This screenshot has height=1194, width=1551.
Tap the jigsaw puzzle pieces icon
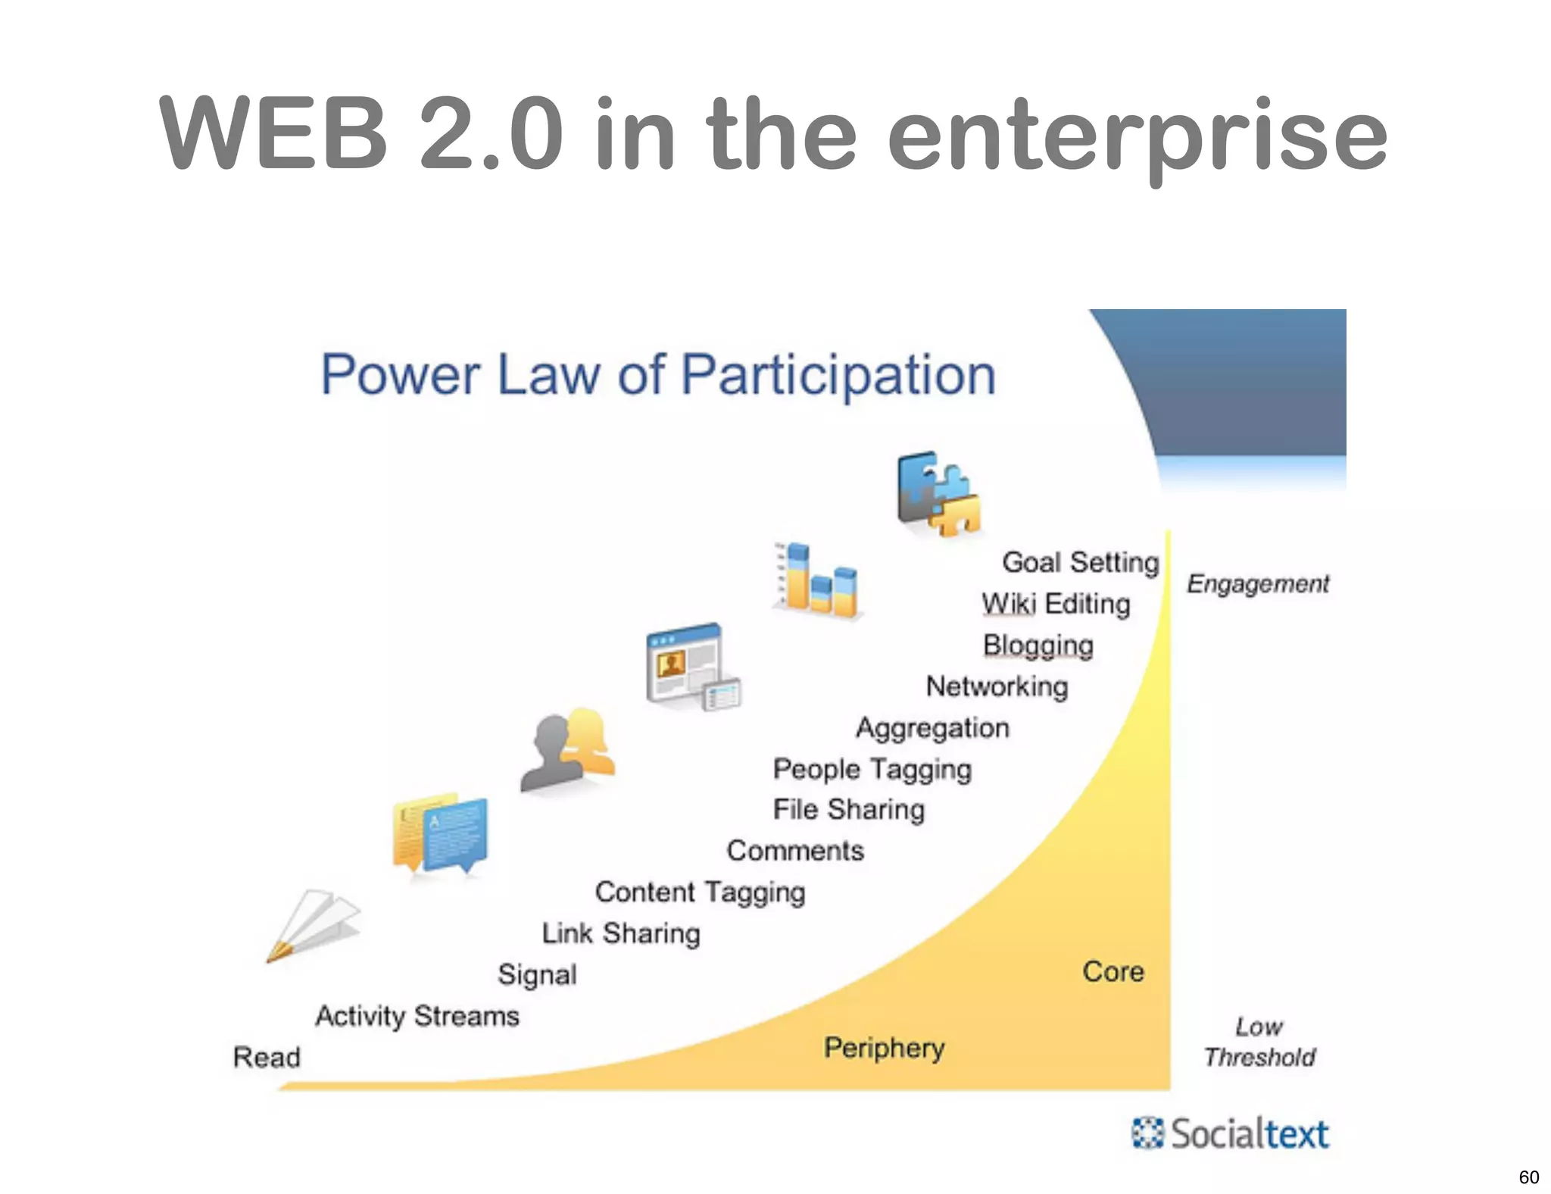point(938,494)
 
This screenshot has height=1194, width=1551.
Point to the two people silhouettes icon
point(568,751)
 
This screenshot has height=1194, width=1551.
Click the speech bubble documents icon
point(440,834)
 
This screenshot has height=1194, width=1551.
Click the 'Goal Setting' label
point(1080,562)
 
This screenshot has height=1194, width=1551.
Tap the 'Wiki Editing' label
point(1056,604)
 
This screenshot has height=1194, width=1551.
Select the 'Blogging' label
point(1038,645)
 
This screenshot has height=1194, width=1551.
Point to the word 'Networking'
point(997,686)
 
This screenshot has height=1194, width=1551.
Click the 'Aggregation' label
point(932,728)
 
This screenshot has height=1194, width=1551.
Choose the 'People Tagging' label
point(872,769)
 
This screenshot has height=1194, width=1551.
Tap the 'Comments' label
point(795,851)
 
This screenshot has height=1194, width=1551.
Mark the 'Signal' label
point(537,974)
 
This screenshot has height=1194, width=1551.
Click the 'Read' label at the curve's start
point(267,1057)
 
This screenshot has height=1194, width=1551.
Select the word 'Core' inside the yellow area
point(1113,971)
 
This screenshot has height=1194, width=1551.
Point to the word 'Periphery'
point(884,1049)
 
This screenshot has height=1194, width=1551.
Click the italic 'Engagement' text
point(1257,584)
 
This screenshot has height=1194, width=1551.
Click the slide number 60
point(1528,1177)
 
